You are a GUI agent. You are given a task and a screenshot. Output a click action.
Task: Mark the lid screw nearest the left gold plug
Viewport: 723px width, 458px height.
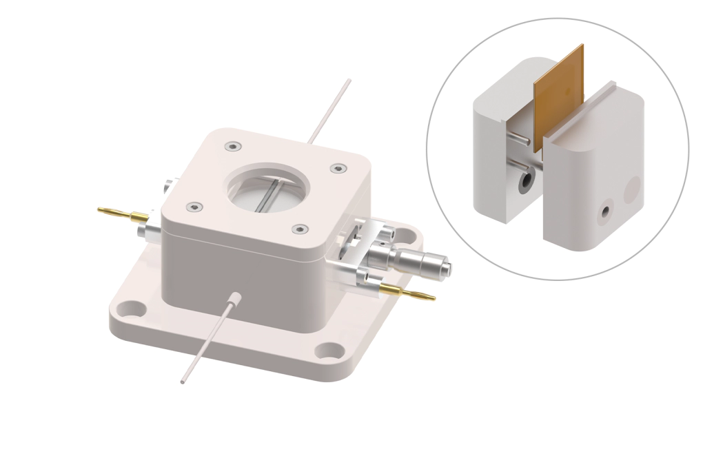(x=196, y=206)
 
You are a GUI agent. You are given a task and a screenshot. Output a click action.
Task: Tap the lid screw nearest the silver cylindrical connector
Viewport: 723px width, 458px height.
(x=298, y=229)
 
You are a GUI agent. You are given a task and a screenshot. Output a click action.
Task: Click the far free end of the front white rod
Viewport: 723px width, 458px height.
(x=183, y=379)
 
